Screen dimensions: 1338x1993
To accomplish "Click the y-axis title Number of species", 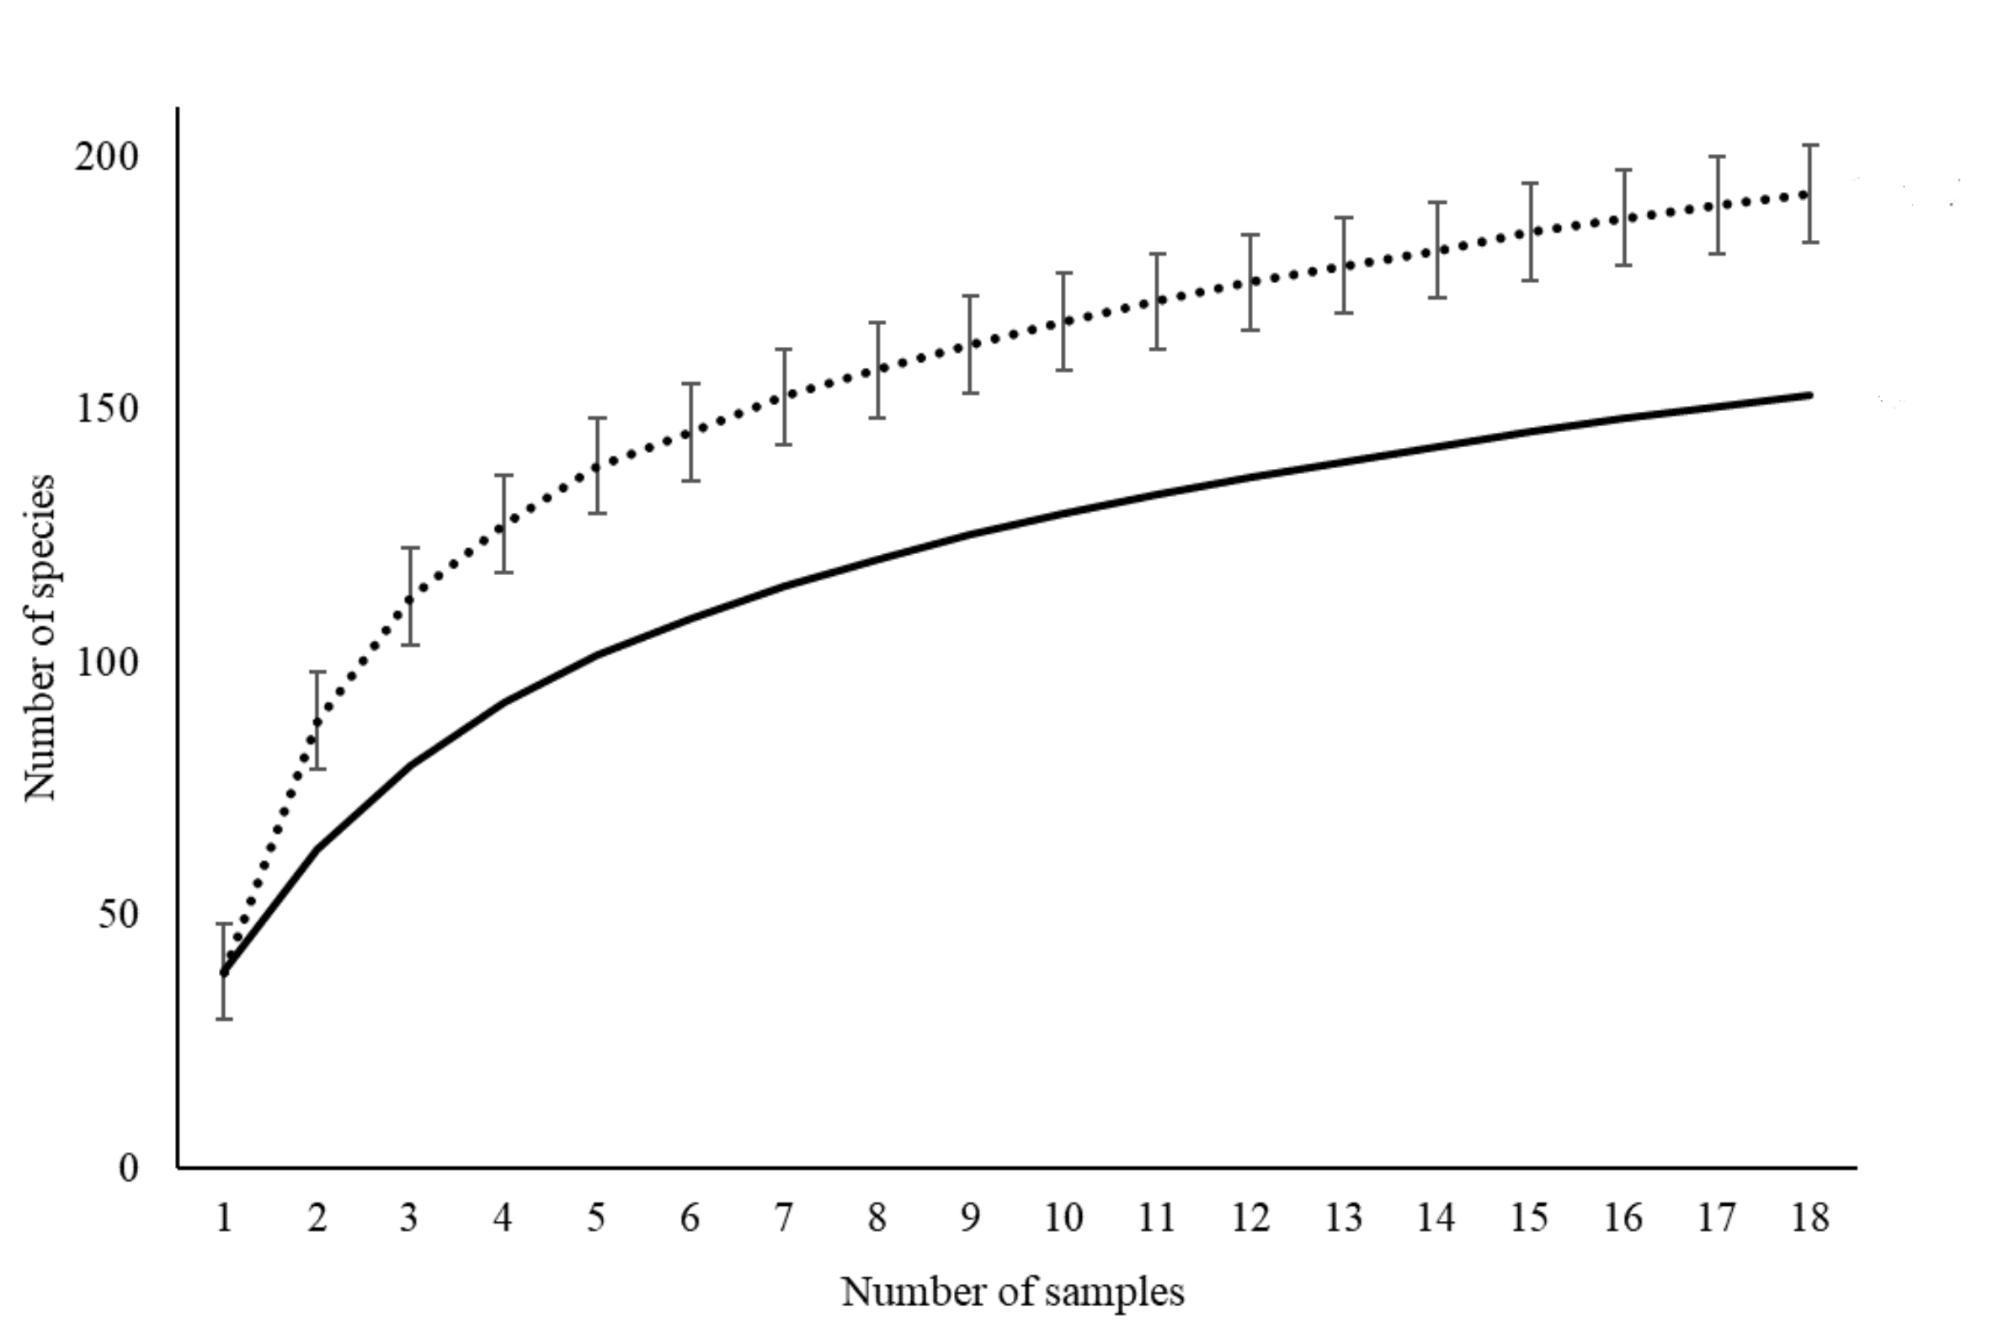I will point(40,637).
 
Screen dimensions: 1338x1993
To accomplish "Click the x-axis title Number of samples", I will point(1013,1292).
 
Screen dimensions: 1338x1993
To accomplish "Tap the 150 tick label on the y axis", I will point(107,408).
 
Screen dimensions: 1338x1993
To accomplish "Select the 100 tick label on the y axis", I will point(107,661).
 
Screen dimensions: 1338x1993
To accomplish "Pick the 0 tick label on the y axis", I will point(128,1167).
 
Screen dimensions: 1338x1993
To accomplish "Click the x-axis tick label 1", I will point(223,1218).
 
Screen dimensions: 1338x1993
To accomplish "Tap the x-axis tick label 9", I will point(970,1218).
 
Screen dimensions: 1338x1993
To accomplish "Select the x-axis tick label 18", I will point(1809,1218).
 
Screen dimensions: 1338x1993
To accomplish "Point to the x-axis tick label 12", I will point(1250,1218).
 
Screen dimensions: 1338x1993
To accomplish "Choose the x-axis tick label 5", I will point(596,1218).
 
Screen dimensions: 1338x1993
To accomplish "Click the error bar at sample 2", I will point(317,721).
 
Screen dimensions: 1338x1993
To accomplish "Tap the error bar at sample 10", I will point(1064,322).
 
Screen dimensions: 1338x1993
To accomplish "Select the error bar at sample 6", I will point(690,433).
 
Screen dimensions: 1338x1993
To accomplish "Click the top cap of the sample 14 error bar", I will point(1437,202).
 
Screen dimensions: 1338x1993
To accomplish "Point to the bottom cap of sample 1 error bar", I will point(223,1019).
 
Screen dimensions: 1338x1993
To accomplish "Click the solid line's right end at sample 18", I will point(1809,395).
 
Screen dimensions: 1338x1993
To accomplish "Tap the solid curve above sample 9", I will point(970,534).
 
